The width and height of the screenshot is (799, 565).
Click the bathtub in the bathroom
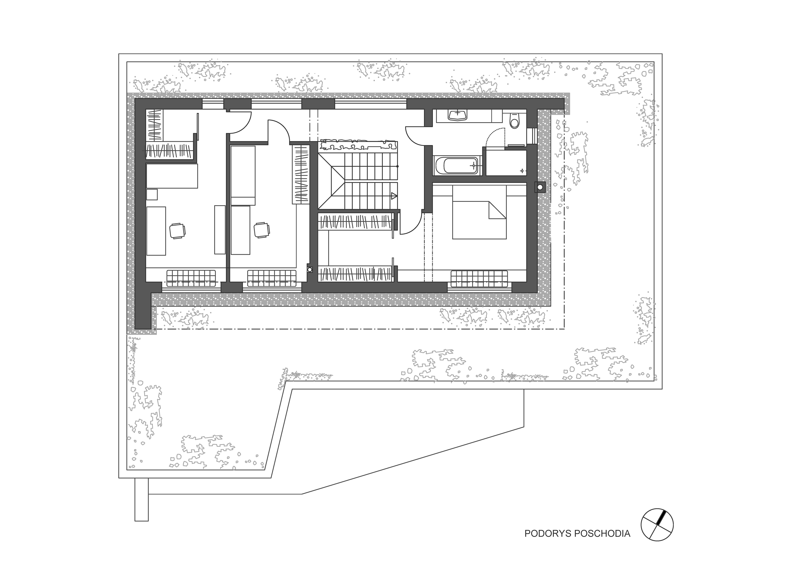coord(457,166)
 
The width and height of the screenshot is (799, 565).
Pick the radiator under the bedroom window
coord(479,278)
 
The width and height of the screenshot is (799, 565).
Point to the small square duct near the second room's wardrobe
coord(310,269)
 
